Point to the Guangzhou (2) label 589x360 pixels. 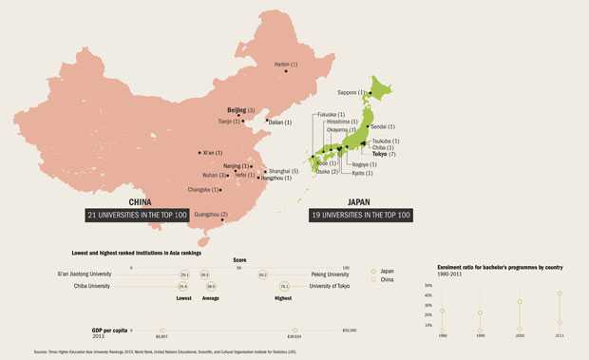pos(210,215)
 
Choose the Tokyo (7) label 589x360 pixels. pos(384,154)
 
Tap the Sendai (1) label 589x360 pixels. pos(383,126)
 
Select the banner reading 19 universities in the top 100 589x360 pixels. pos(360,215)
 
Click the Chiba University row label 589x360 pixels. pos(92,286)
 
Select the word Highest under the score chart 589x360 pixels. pos(283,298)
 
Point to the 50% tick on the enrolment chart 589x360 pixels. pos(428,285)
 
